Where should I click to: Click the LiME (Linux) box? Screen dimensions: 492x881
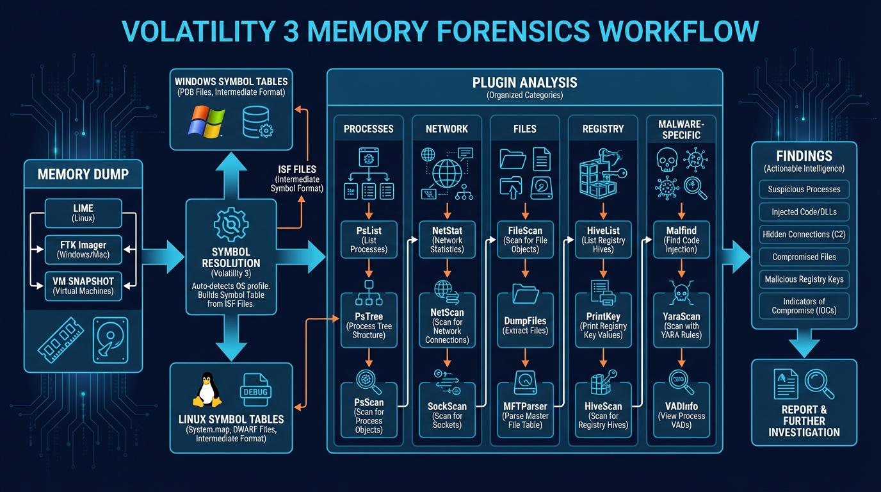(x=83, y=213)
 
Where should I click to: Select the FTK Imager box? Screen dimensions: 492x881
(x=83, y=249)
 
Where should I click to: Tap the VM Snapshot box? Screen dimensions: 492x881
(x=83, y=286)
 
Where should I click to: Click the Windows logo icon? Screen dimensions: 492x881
(x=207, y=121)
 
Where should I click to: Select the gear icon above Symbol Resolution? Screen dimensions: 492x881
(x=230, y=225)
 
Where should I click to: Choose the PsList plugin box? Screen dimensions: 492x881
(x=368, y=239)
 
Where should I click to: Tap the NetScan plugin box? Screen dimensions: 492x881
(x=447, y=325)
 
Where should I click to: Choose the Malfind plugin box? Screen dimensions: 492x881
(x=681, y=239)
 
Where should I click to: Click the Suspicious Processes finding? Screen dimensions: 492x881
(x=804, y=190)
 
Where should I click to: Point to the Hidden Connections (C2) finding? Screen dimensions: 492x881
(x=804, y=234)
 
